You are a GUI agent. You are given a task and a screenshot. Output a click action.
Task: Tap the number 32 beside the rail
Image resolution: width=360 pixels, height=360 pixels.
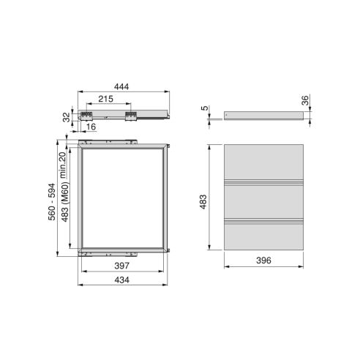pos(67,116)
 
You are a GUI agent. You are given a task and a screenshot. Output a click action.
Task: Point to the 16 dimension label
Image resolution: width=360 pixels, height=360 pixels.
pos(90,127)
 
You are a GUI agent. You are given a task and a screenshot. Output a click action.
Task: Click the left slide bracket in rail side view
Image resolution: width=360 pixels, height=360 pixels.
pos(89,115)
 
